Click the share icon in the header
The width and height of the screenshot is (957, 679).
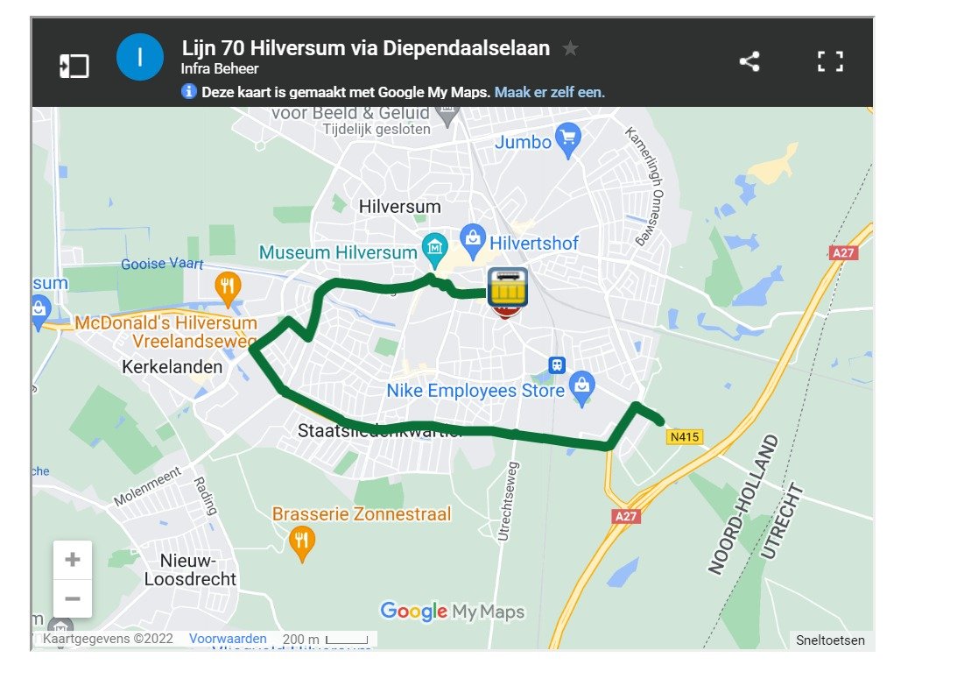click(749, 61)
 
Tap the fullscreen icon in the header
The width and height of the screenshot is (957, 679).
click(829, 61)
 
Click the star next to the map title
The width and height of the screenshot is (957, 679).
click(570, 49)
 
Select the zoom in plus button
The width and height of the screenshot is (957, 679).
click(73, 560)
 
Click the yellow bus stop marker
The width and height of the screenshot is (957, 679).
click(507, 286)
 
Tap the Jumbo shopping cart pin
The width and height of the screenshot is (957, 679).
click(568, 140)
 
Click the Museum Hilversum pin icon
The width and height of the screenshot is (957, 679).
click(434, 251)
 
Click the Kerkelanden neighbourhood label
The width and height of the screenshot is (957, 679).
click(173, 367)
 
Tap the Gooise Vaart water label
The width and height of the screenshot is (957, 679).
click(162, 264)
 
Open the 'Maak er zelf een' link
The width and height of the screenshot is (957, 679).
click(550, 92)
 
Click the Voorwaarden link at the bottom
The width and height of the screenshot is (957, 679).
click(228, 639)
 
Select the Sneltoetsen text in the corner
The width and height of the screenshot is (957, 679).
click(830, 640)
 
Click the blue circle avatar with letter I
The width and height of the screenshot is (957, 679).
click(140, 58)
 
